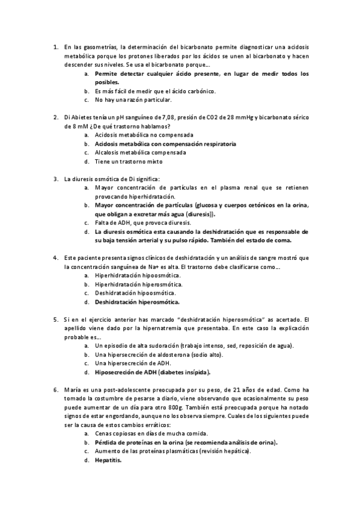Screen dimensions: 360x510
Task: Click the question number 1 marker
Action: tap(55, 46)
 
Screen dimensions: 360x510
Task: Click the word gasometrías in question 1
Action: tap(98, 46)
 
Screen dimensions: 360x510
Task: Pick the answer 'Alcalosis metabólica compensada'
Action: tap(132, 152)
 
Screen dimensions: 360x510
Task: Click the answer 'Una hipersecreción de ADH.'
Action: tap(125, 364)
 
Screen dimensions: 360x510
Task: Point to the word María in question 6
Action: tap(72, 390)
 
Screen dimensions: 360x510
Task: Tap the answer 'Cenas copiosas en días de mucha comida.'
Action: tap(143, 434)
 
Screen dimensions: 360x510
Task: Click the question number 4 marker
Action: tap(55, 258)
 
